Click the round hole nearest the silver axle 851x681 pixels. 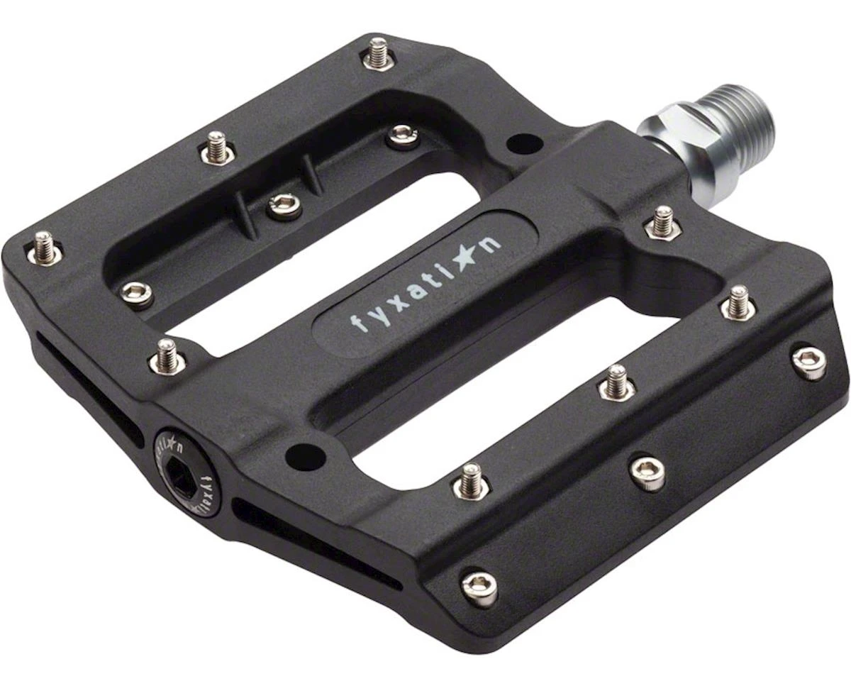pyautogui.click(x=524, y=145)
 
